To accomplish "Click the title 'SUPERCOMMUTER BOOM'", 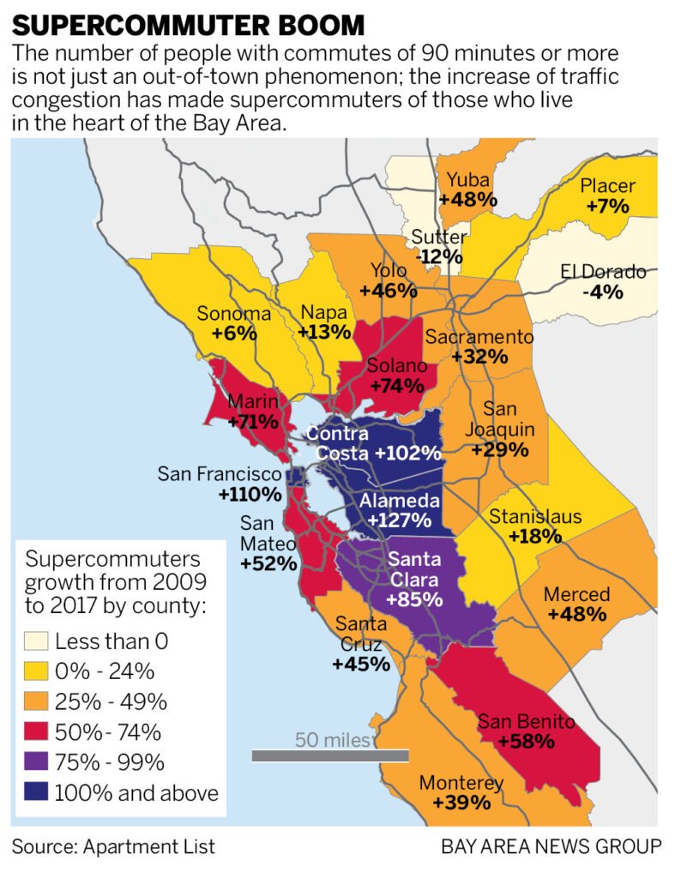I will click(182, 23).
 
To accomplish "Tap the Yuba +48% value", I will click(467, 199).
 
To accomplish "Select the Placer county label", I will click(607, 186).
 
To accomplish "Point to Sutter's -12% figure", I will click(439, 256).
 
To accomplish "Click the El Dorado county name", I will click(603, 273).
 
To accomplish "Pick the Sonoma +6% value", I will click(235, 334).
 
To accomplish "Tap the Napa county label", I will click(325, 312).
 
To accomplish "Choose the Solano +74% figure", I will click(395, 386).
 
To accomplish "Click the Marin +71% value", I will click(253, 421).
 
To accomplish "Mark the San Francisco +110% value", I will click(250, 494).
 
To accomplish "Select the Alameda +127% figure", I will click(399, 520).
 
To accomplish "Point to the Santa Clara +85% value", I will click(414, 598).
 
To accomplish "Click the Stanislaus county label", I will click(534, 517).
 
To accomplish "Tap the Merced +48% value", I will click(576, 614).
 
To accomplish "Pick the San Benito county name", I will click(526, 720).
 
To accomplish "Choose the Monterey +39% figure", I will click(461, 803).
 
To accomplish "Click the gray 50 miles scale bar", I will click(330, 755).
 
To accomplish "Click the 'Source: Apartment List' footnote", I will click(113, 847).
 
